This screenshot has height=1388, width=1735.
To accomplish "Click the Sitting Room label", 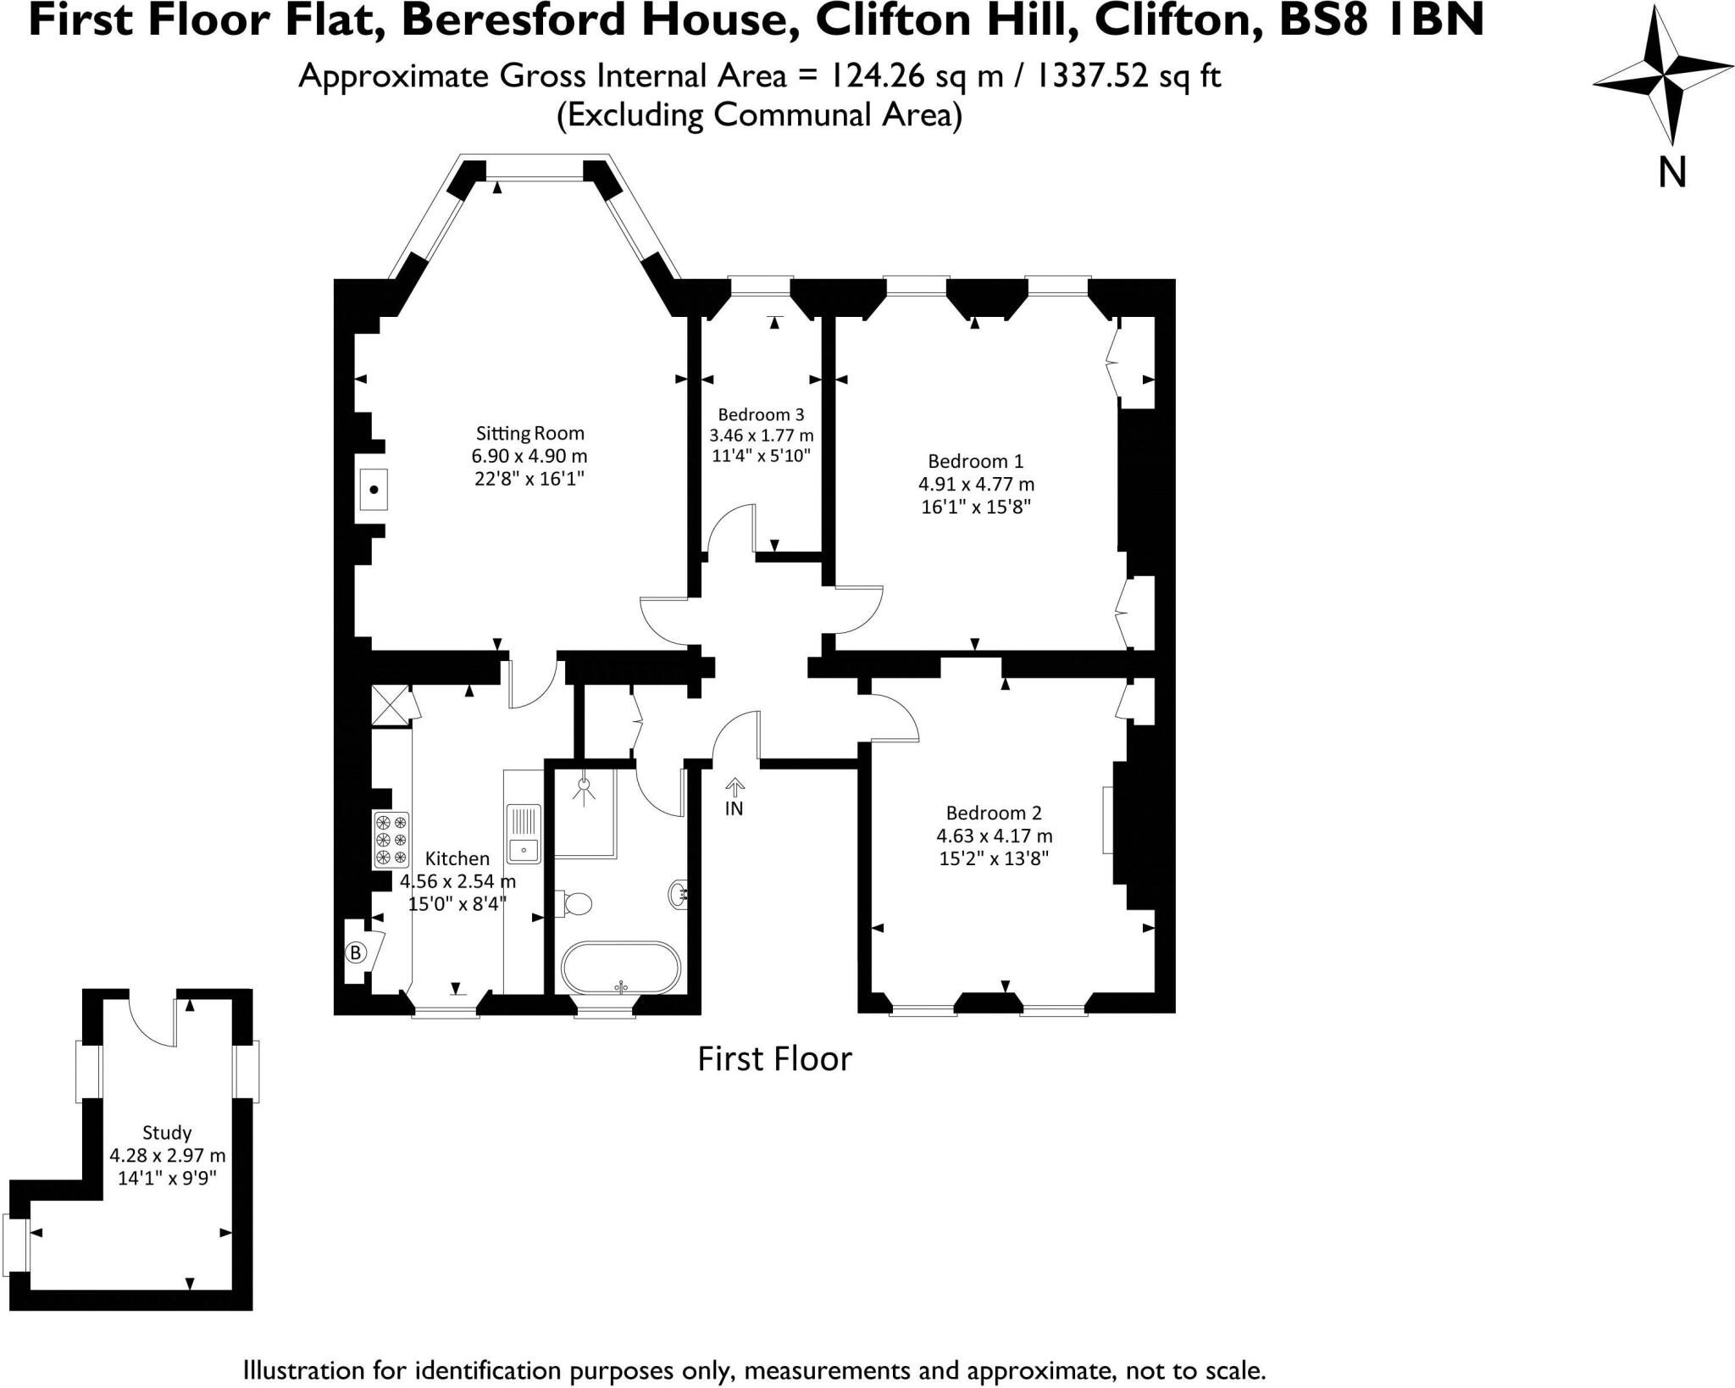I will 529,433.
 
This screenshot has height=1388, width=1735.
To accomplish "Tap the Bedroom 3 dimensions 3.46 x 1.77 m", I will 761,436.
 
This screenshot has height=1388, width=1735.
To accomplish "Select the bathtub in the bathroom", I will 621,967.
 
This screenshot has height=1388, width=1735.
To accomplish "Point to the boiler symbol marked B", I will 356,952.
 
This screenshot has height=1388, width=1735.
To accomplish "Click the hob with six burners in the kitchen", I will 391,840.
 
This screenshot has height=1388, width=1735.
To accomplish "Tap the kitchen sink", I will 524,832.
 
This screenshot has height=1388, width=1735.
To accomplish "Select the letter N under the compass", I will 1671,173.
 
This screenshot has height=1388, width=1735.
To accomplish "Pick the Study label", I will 167,1132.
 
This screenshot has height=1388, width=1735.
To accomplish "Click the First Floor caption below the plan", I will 774,1059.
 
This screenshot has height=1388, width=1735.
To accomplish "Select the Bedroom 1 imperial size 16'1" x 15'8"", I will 975,507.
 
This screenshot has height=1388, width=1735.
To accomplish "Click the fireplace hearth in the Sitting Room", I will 373,489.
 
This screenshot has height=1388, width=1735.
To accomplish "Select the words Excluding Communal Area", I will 759,114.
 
